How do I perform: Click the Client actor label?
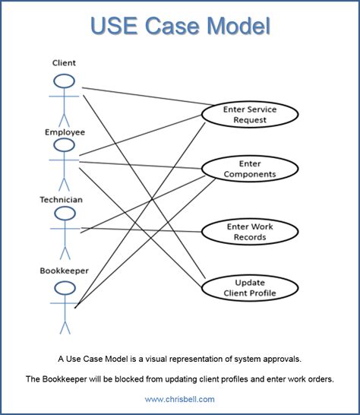[x=64, y=63]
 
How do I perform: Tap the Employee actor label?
[x=65, y=132]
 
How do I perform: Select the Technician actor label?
[x=61, y=200]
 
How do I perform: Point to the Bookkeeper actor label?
[x=64, y=271]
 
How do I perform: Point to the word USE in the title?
[x=114, y=26]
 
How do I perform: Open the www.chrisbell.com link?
[x=179, y=399]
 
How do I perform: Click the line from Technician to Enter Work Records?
[x=141, y=230]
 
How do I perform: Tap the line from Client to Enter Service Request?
[x=147, y=97]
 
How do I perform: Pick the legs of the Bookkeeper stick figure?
[x=65, y=328]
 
